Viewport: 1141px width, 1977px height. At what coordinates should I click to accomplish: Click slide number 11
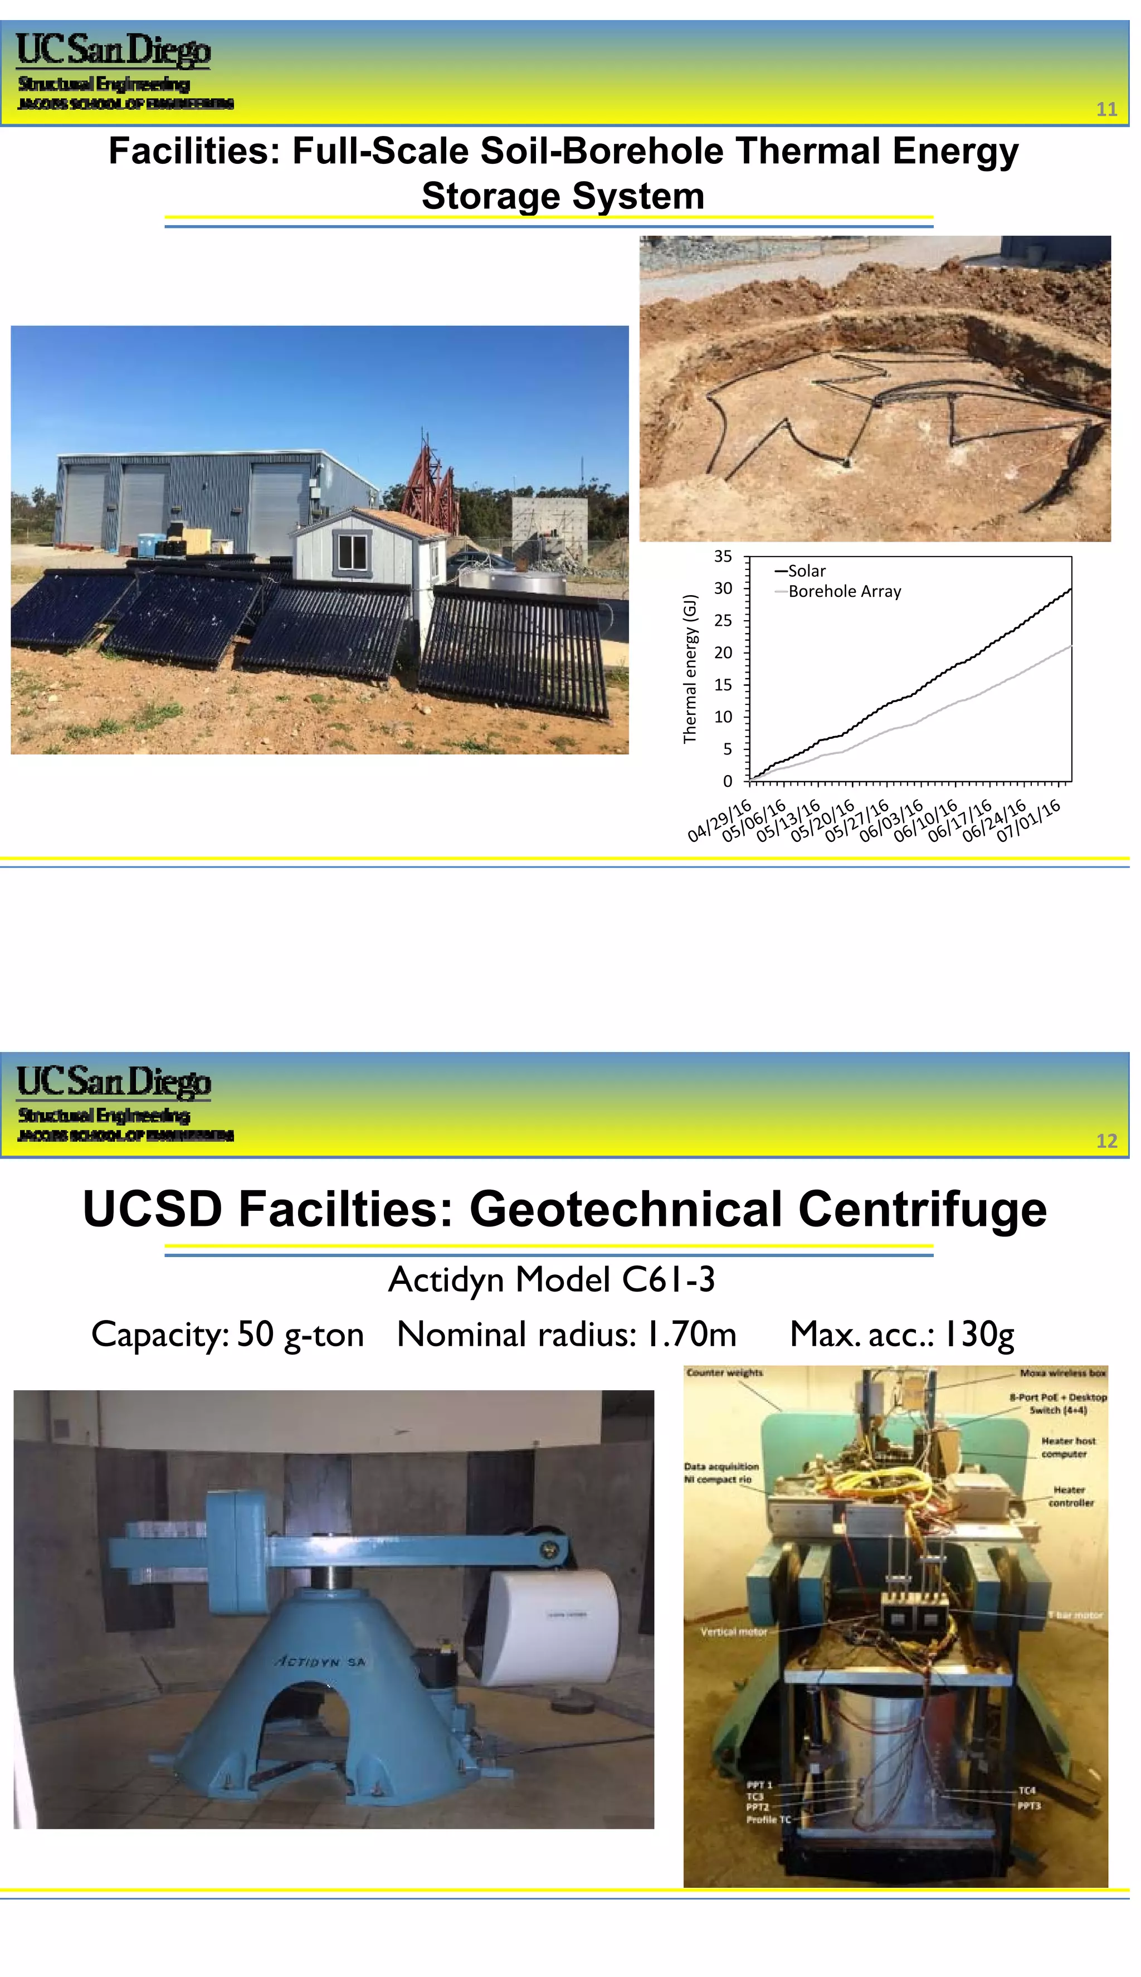[1106, 109]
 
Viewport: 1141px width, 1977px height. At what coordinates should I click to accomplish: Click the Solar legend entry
[806, 571]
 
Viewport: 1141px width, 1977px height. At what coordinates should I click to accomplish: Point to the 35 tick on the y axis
[723, 556]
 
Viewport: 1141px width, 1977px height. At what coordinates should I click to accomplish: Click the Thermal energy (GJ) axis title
[690, 669]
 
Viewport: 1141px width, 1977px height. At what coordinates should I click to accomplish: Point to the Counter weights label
[724, 1373]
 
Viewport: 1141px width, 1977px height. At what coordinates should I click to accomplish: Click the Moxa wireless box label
[1062, 1373]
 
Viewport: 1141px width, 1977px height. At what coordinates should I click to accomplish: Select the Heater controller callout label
[1070, 1496]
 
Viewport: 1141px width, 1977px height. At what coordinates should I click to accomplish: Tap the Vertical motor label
[734, 1632]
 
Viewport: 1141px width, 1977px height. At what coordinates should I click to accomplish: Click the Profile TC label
[768, 1819]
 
